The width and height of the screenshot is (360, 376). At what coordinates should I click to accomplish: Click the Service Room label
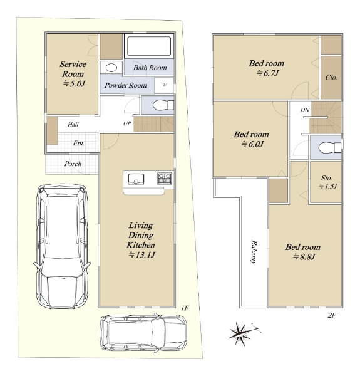[x=73, y=69]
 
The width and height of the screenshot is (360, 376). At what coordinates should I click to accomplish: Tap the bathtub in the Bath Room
[x=149, y=46]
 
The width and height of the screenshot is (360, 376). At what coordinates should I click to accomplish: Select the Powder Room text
[x=126, y=85]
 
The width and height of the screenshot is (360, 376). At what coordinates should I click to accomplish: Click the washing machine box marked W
[x=164, y=85]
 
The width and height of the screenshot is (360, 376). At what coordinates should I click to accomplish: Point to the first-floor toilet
[x=163, y=105]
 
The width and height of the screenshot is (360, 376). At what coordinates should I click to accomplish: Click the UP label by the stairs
[x=127, y=123]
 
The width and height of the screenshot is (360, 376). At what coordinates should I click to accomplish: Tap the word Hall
[x=73, y=124]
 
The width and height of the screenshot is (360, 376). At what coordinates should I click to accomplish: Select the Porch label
[x=73, y=164]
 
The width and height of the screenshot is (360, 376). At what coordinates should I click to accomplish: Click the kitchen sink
[x=136, y=179]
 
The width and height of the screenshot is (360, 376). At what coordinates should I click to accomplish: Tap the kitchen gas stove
[x=165, y=178]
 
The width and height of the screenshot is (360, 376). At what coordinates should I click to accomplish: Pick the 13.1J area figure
[x=141, y=254]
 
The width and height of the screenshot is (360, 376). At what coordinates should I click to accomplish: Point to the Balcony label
[x=254, y=252]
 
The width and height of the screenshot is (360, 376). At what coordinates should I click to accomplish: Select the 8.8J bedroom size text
[x=304, y=257]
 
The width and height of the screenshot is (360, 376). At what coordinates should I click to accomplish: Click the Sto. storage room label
[x=327, y=178]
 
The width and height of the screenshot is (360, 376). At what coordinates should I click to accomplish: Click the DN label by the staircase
[x=305, y=110]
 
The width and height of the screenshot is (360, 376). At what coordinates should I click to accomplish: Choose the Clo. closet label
[x=331, y=78]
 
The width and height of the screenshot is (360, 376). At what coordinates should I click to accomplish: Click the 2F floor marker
[x=331, y=316]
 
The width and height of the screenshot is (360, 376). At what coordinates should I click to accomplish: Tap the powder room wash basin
[x=111, y=68]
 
